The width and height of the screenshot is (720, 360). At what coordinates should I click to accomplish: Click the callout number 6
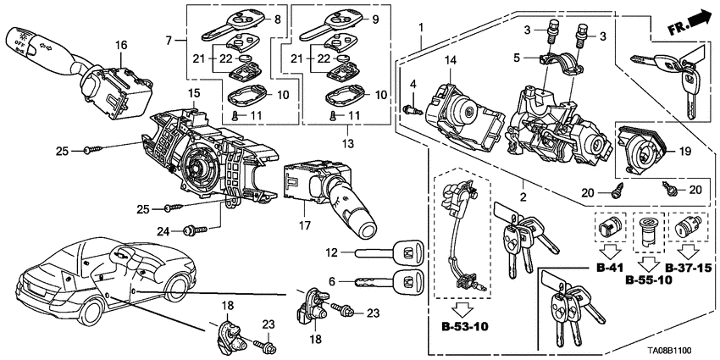coord(334,281)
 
